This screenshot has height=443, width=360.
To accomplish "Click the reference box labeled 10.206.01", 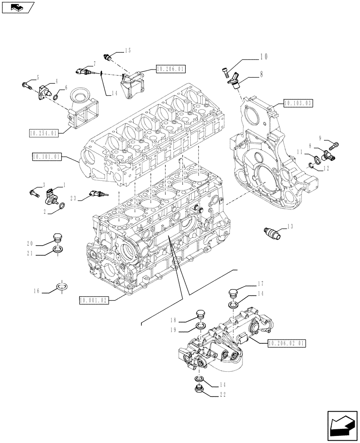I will click(x=170, y=69).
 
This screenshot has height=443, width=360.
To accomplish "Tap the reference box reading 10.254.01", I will click(x=44, y=132).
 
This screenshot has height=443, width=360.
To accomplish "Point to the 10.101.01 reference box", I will click(x=47, y=156).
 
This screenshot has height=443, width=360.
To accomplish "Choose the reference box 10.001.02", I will click(x=94, y=300).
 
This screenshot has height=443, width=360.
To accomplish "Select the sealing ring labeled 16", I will click(x=61, y=288).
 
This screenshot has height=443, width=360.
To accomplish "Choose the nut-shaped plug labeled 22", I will click(x=199, y=389).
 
